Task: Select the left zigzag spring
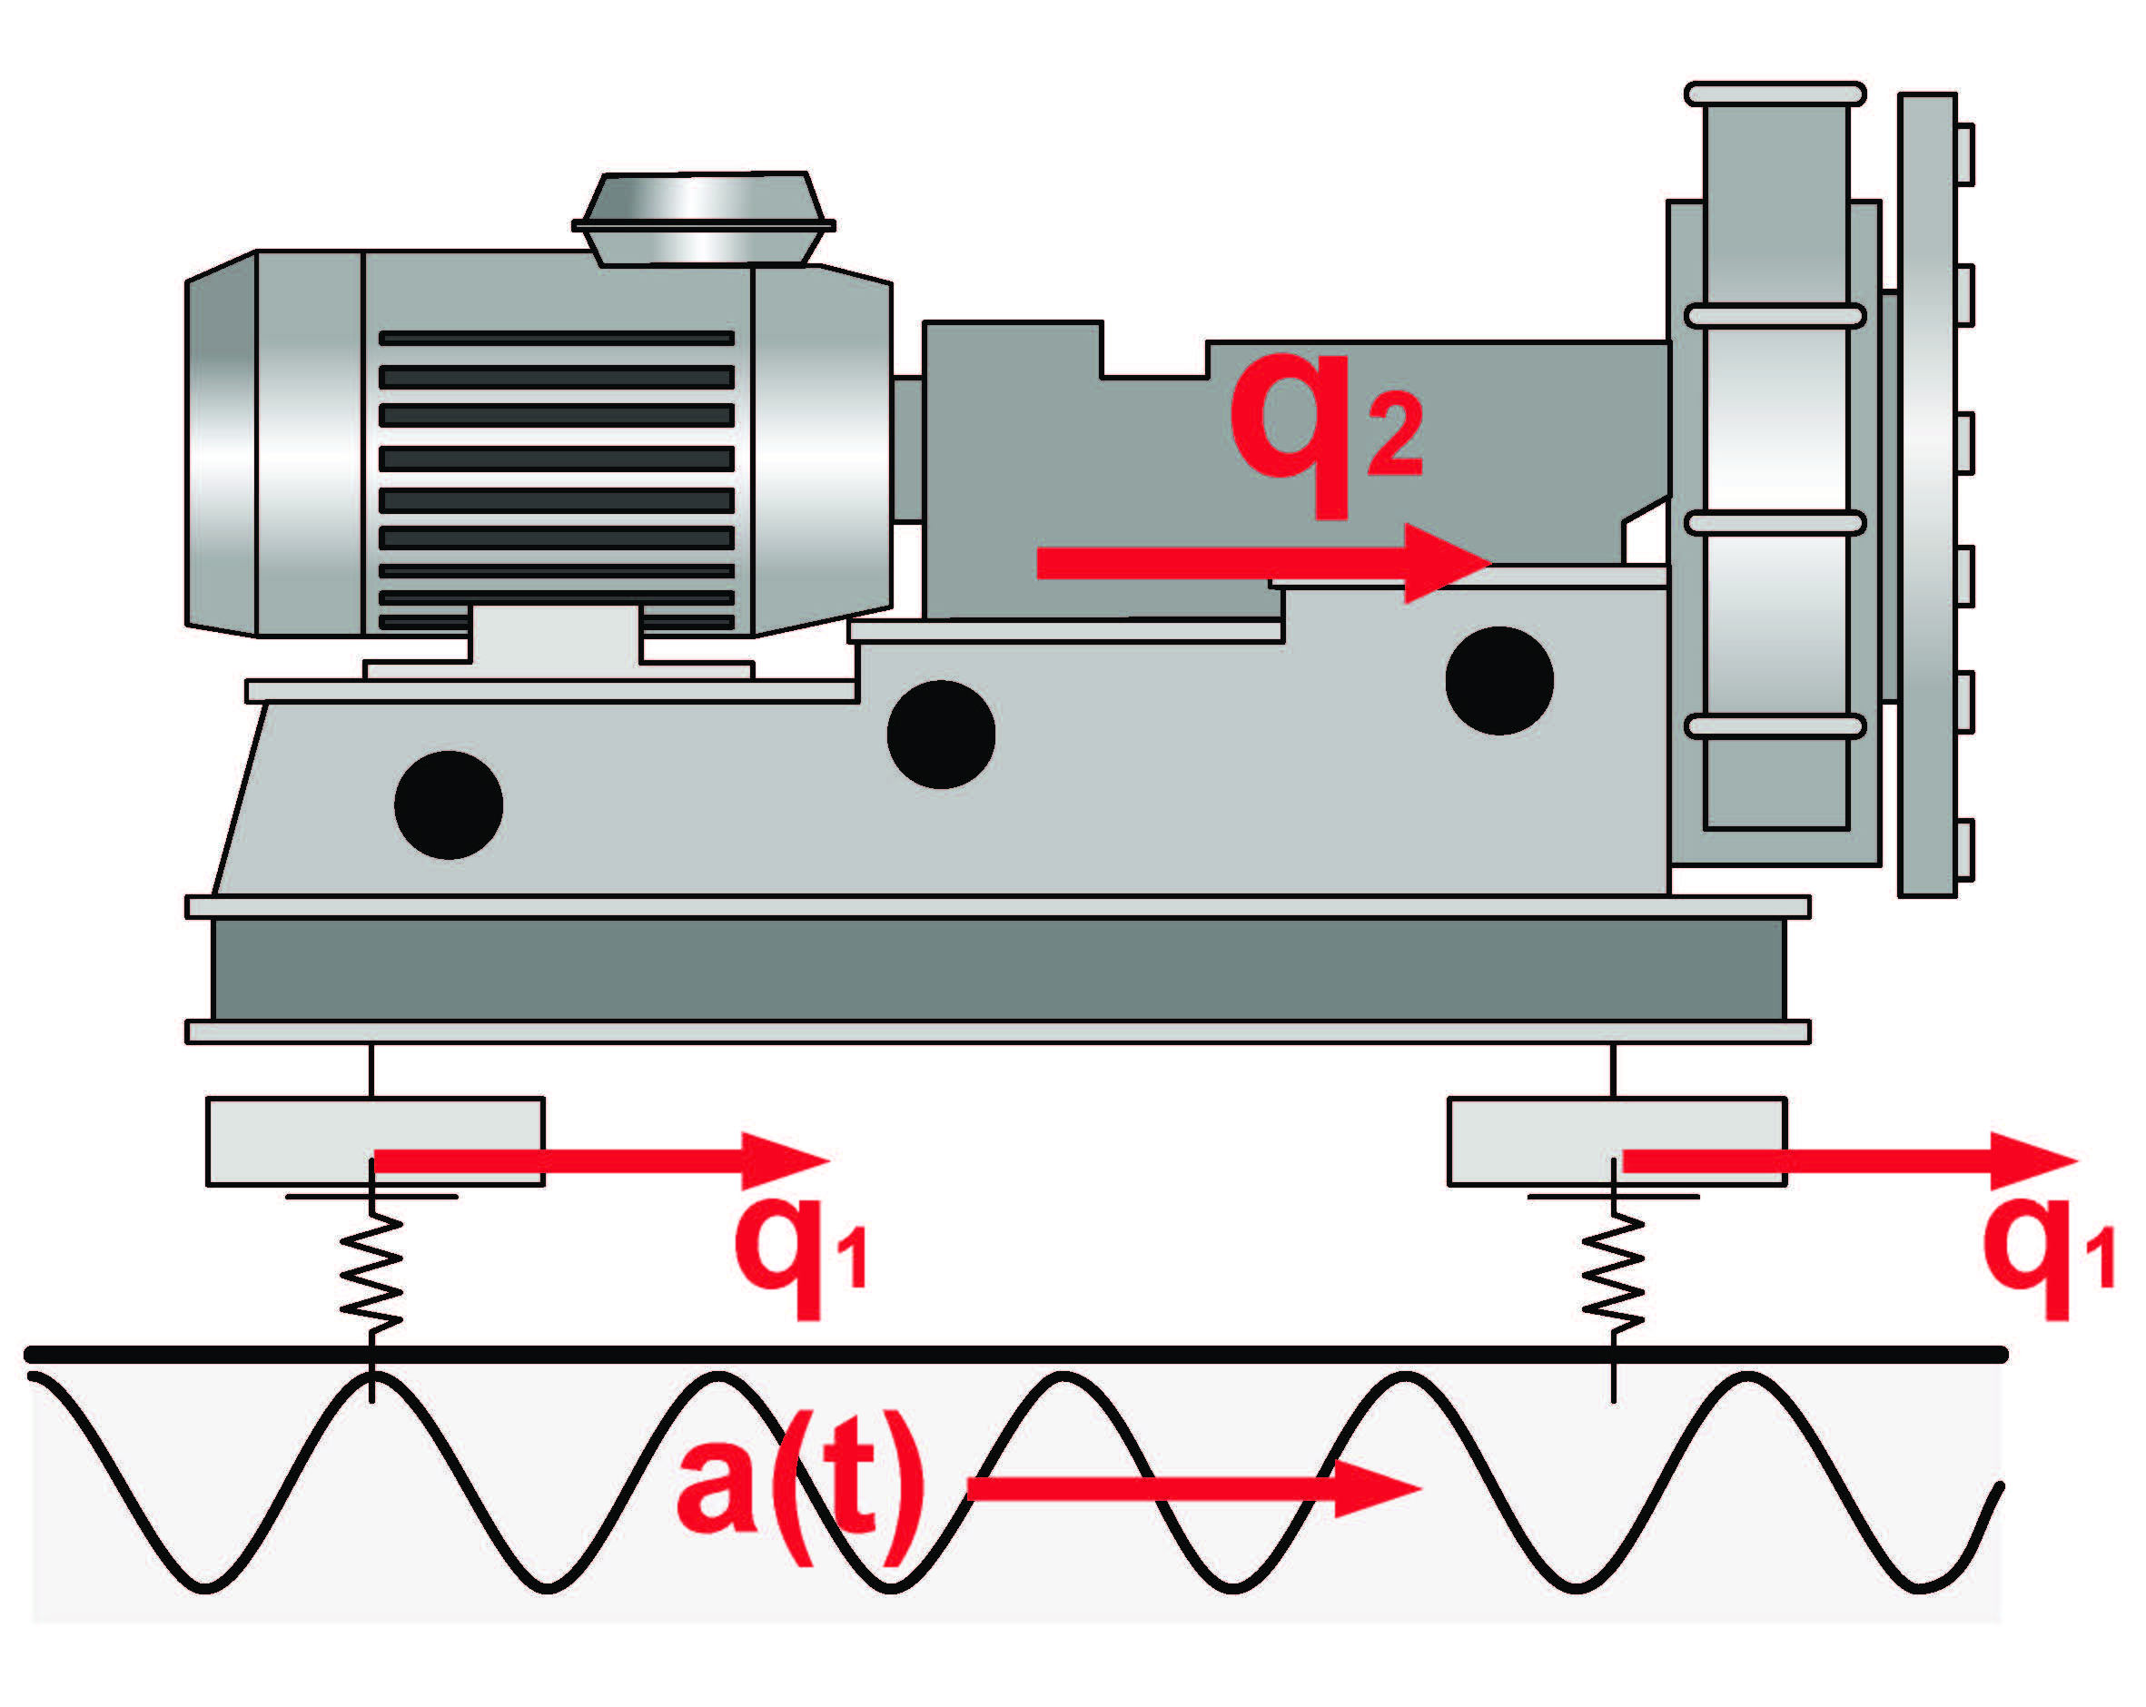(x=371, y=1274)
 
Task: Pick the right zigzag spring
(x=1613, y=1274)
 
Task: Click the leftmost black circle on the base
(x=449, y=804)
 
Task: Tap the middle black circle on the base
(x=941, y=735)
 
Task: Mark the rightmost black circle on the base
(x=1499, y=681)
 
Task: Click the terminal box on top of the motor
(x=704, y=219)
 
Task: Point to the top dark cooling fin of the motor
(x=557, y=339)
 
